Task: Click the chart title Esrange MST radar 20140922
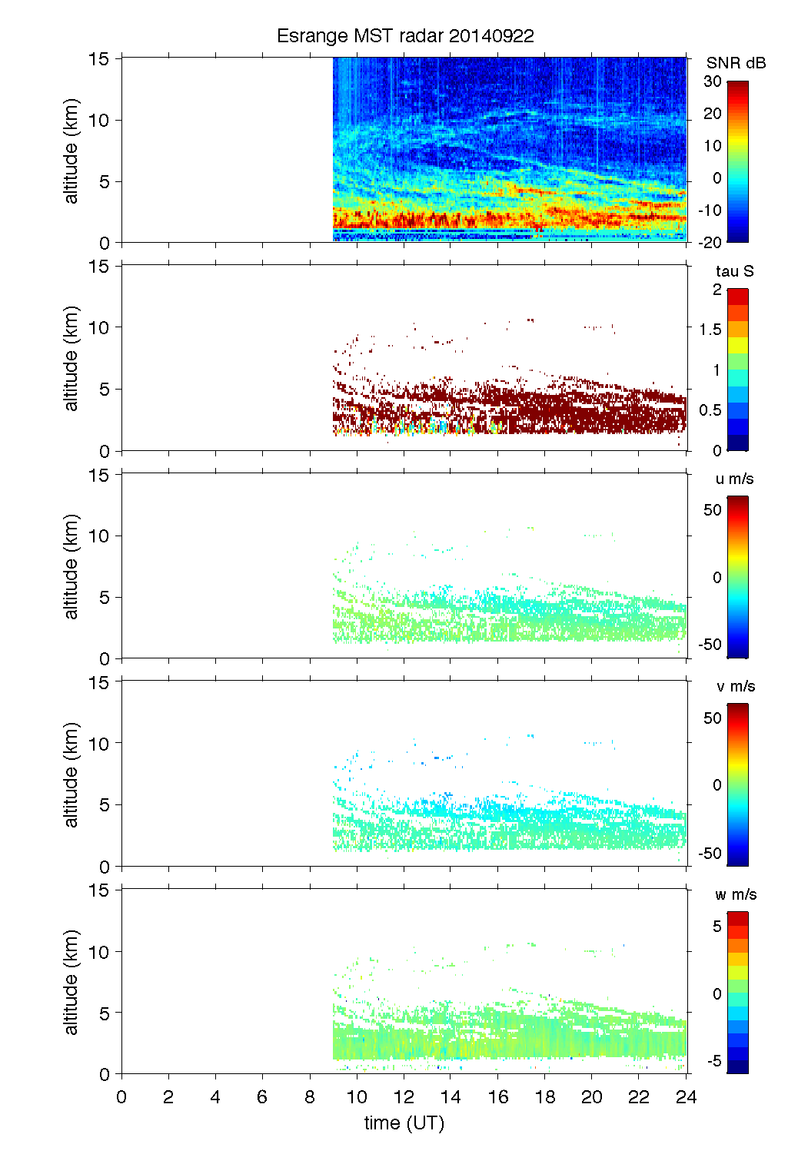pyautogui.click(x=405, y=36)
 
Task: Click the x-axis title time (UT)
pyautogui.click(x=404, y=1123)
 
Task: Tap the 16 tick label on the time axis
pyautogui.click(x=498, y=1097)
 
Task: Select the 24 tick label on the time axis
pyautogui.click(x=686, y=1097)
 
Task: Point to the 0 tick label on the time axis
pyautogui.click(x=121, y=1097)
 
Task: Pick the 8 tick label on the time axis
pyautogui.click(x=310, y=1097)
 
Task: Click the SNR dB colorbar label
pyautogui.click(x=736, y=63)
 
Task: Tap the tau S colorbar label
pyautogui.click(x=734, y=271)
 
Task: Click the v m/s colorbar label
pyautogui.click(x=735, y=686)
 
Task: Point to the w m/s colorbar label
pyautogui.click(x=736, y=894)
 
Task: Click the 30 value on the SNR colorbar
pyautogui.click(x=713, y=81)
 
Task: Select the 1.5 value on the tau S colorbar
pyautogui.click(x=710, y=330)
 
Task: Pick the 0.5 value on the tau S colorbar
pyautogui.click(x=710, y=410)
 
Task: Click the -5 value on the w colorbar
pyautogui.click(x=714, y=1061)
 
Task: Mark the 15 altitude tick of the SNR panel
pyautogui.click(x=99, y=58)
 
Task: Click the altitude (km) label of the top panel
pyautogui.click(x=71, y=151)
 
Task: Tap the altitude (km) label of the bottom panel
pyautogui.click(x=71, y=982)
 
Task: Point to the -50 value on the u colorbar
pyautogui.click(x=710, y=645)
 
